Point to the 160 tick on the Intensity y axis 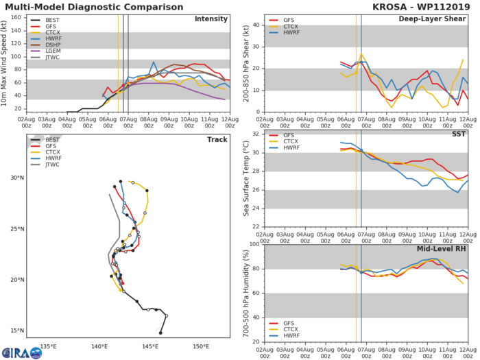[18, 18]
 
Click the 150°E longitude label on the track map [200, 345]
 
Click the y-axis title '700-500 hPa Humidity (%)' [245, 293]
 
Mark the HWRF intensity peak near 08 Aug [154, 62]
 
